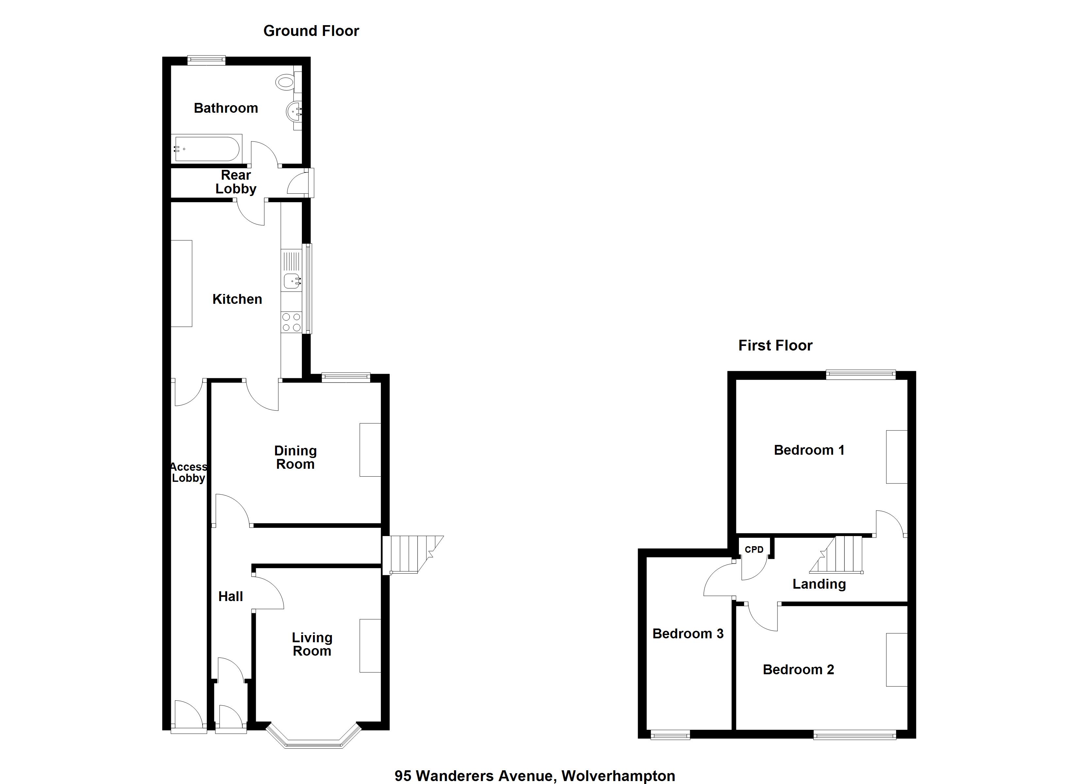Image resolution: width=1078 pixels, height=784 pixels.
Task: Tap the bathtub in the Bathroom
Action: point(207,149)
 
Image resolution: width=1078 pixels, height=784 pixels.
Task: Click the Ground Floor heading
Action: point(311,31)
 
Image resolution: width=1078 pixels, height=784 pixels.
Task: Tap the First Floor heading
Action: point(775,346)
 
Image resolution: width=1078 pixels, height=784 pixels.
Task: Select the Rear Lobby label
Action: point(236,182)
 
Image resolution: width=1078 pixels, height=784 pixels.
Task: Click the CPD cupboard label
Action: point(754,549)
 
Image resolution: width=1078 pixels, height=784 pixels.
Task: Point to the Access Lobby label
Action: point(189,473)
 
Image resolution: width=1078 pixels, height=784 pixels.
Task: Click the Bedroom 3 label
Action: point(687,634)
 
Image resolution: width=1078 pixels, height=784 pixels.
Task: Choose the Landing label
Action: point(819,584)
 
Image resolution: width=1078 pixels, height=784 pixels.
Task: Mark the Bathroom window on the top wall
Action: point(206,60)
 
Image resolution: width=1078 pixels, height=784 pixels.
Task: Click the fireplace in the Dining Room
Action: point(370,450)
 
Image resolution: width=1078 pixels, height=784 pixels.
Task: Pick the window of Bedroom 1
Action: point(860,375)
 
